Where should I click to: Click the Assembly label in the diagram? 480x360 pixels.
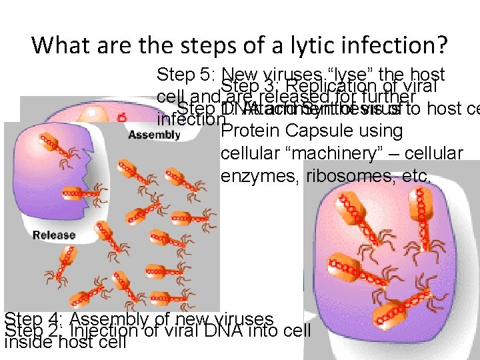click(x=154, y=134)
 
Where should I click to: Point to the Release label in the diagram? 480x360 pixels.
click(x=54, y=235)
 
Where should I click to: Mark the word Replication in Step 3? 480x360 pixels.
click(x=325, y=87)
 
